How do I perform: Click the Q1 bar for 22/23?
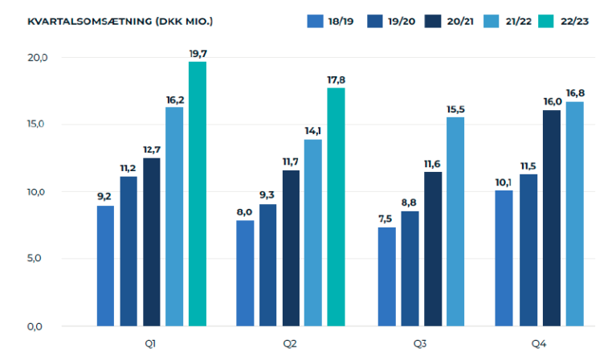click(x=198, y=194)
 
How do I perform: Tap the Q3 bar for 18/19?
click(x=386, y=276)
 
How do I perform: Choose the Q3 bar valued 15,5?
click(x=455, y=221)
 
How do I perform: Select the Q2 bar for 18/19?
click(x=245, y=273)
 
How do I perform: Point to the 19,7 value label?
click(x=198, y=53)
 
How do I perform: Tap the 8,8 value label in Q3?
click(x=410, y=202)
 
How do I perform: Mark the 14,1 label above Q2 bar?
click(x=312, y=131)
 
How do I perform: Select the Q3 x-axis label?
click(x=420, y=344)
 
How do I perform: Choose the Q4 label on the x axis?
click(x=539, y=344)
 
